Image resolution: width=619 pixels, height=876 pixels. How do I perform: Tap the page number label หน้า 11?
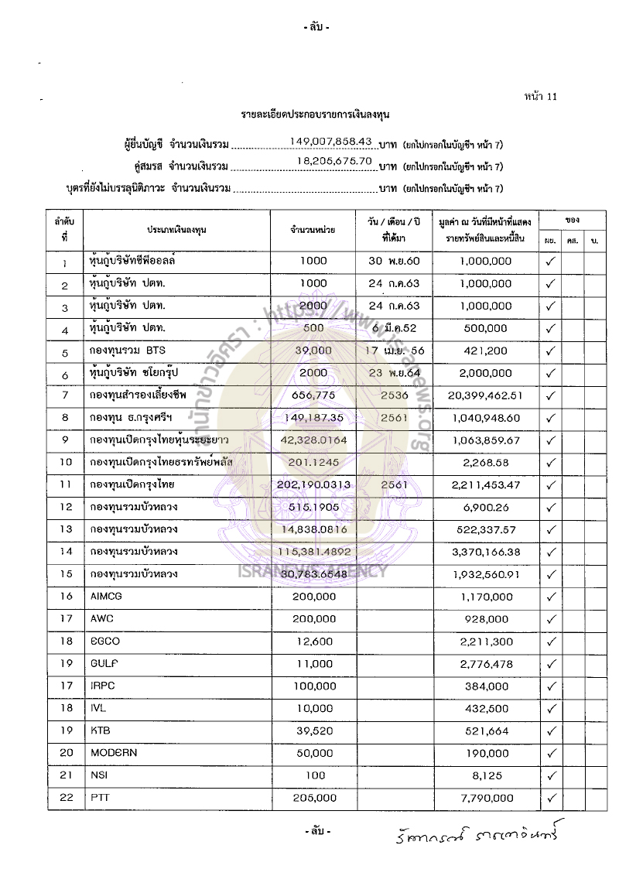[540, 97]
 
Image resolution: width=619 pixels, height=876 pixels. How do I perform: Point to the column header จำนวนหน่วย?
[313, 230]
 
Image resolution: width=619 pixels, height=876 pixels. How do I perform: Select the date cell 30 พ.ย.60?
[394, 262]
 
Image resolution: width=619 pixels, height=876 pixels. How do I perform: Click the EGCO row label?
[105, 642]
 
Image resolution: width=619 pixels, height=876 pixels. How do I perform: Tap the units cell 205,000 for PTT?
[315, 798]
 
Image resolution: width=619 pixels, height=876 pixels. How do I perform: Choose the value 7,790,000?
[485, 798]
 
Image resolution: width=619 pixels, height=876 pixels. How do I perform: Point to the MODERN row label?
[115, 753]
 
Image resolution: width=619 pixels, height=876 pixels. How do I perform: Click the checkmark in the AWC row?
[551, 619]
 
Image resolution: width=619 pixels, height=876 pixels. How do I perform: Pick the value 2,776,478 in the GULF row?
[485, 664]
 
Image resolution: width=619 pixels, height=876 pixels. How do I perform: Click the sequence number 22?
[66, 798]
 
